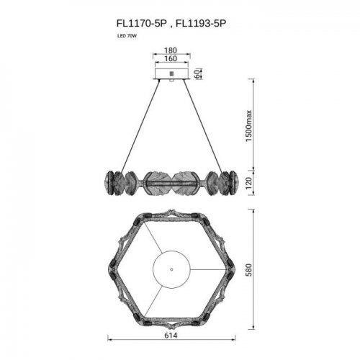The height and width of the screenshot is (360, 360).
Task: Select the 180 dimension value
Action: (x=171, y=52)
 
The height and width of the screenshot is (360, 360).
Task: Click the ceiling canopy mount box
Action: (x=171, y=73)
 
